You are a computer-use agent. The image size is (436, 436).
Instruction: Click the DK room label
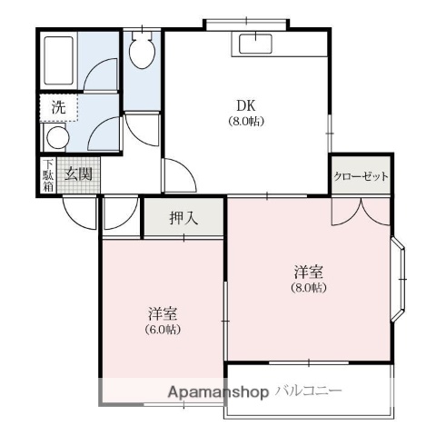point(245,104)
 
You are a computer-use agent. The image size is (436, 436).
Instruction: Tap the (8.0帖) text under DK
point(245,121)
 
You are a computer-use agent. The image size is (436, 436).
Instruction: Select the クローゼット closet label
point(362,176)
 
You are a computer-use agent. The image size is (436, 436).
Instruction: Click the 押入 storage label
point(183,219)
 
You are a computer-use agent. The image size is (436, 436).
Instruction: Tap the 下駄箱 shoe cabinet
point(47,175)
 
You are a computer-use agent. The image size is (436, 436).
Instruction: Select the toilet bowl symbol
point(142,53)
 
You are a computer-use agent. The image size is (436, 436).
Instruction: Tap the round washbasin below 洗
point(57,139)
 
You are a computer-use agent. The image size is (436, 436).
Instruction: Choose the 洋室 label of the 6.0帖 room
point(163,313)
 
